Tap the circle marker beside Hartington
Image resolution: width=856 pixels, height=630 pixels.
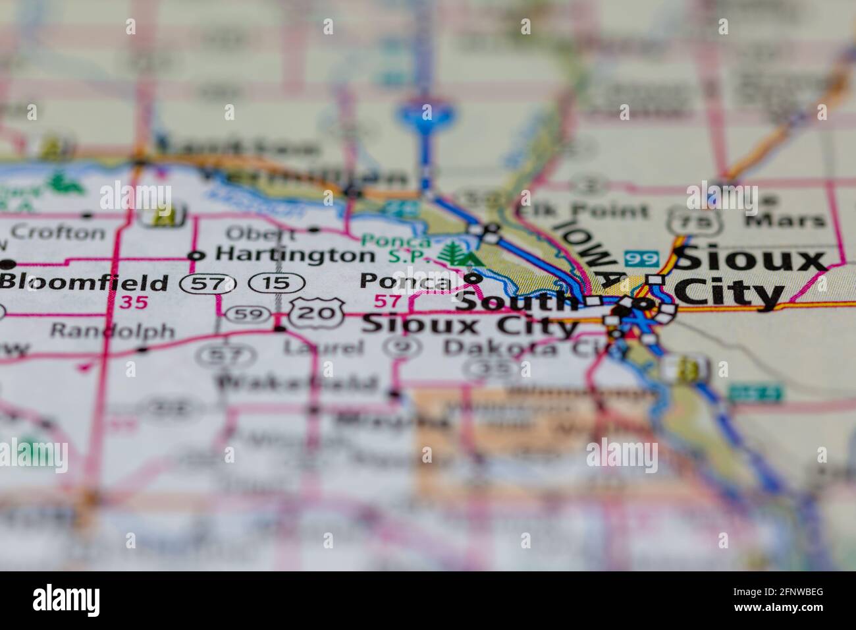coord(194,255)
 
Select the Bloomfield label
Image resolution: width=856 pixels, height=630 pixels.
coord(84,283)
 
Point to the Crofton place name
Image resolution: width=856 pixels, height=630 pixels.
coord(58,232)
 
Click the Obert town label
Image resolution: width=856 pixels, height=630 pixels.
coord(260,233)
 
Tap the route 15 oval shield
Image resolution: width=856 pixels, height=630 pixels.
coord(277,283)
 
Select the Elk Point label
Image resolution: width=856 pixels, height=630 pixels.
coord(581,211)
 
